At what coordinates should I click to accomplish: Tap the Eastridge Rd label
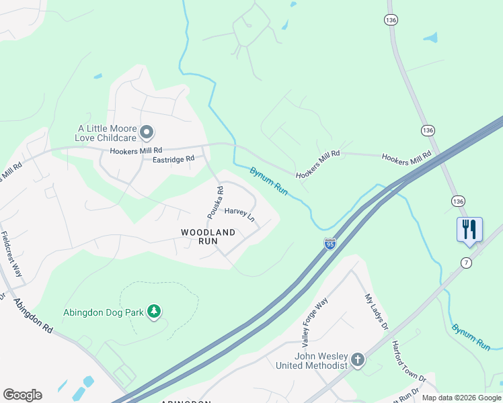[x=173, y=159]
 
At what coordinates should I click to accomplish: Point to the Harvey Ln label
[x=239, y=214]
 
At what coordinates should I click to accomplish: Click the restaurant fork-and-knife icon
[x=469, y=229]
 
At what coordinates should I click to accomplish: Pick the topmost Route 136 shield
[x=391, y=21]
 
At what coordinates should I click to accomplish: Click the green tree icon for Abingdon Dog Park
[x=155, y=311]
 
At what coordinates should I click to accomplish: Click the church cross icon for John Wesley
[x=358, y=360]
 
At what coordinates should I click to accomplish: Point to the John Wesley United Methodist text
[x=312, y=361]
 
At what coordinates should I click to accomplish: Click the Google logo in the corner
[x=22, y=395]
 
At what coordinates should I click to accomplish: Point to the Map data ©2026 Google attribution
[x=461, y=398]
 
